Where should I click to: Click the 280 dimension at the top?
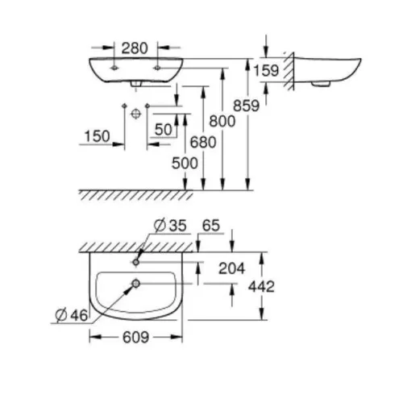135,48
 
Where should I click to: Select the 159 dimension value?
266,70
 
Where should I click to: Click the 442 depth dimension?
262,286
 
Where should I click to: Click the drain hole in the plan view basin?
136,283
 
